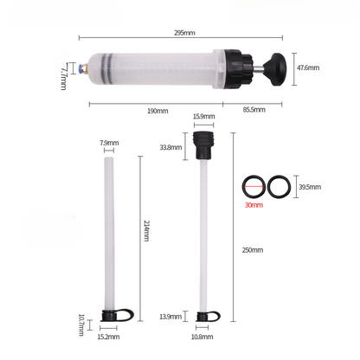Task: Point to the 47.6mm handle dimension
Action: (308, 67)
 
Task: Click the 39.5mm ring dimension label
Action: (309, 186)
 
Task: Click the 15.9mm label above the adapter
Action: (204, 117)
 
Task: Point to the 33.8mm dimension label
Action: (171, 147)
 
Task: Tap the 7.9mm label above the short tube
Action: (108, 142)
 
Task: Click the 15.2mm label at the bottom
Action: (109, 337)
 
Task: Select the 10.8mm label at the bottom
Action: (205, 337)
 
